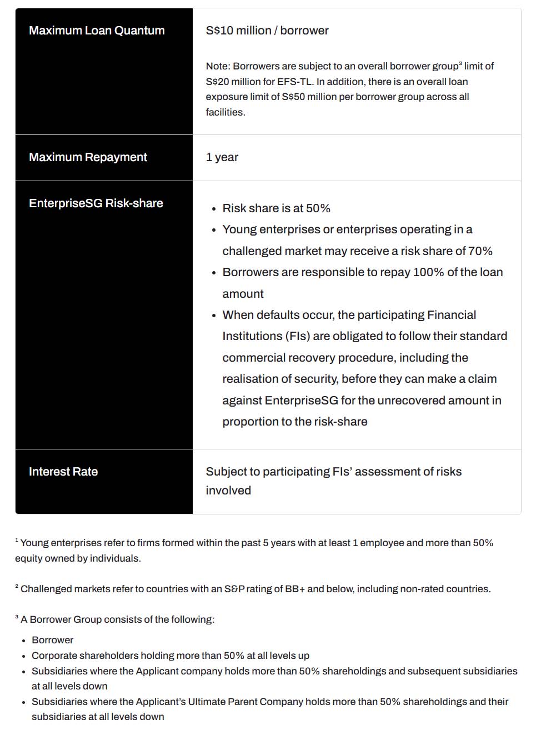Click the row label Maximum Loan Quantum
coord(97,31)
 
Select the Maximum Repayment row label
coord(88,157)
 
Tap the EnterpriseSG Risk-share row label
coord(96,203)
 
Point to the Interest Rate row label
coord(63,472)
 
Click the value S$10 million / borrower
coord(267,31)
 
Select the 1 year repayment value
coord(222,157)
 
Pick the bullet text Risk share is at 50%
coord(276,208)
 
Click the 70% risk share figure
coord(480,251)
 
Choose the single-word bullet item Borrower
coord(52,640)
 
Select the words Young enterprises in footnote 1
coord(61,543)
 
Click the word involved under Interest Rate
coord(228,491)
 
